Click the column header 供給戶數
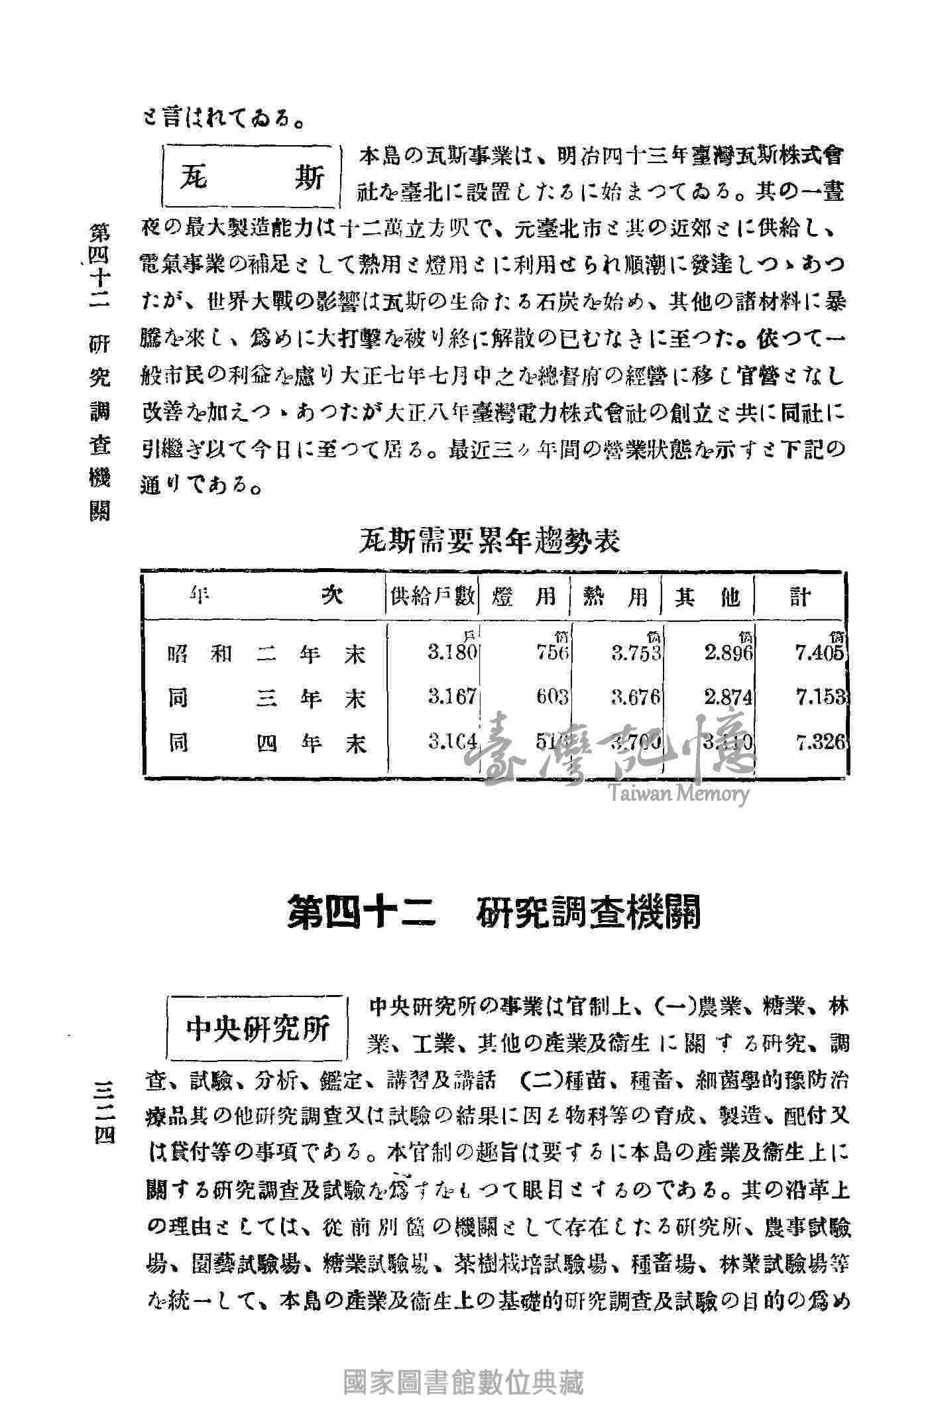[x=434, y=597]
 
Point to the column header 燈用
[x=524, y=597]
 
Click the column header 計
[x=800, y=597]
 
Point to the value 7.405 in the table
[x=821, y=654]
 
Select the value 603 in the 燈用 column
[x=552, y=697]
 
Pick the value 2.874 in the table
[x=729, y=697]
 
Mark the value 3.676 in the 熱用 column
[x=636, y=697]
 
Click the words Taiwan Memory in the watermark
[x=676, y=794]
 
